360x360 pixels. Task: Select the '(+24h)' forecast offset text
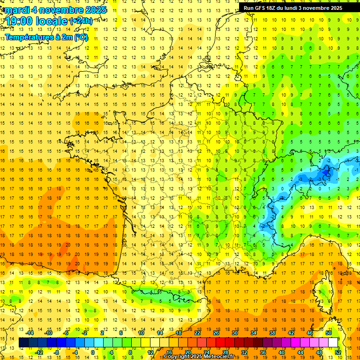(x=81, y=21)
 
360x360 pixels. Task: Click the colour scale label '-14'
(x=30, y=333)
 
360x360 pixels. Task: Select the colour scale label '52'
(x=338, y=352)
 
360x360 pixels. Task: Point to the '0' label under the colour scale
(x=92, y=352)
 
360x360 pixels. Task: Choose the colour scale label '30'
(x=234, y=333)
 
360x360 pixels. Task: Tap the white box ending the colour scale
(x=333, y=343)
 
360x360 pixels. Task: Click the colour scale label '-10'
(x=48, y=333)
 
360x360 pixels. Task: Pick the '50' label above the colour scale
(x=328, y=333)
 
